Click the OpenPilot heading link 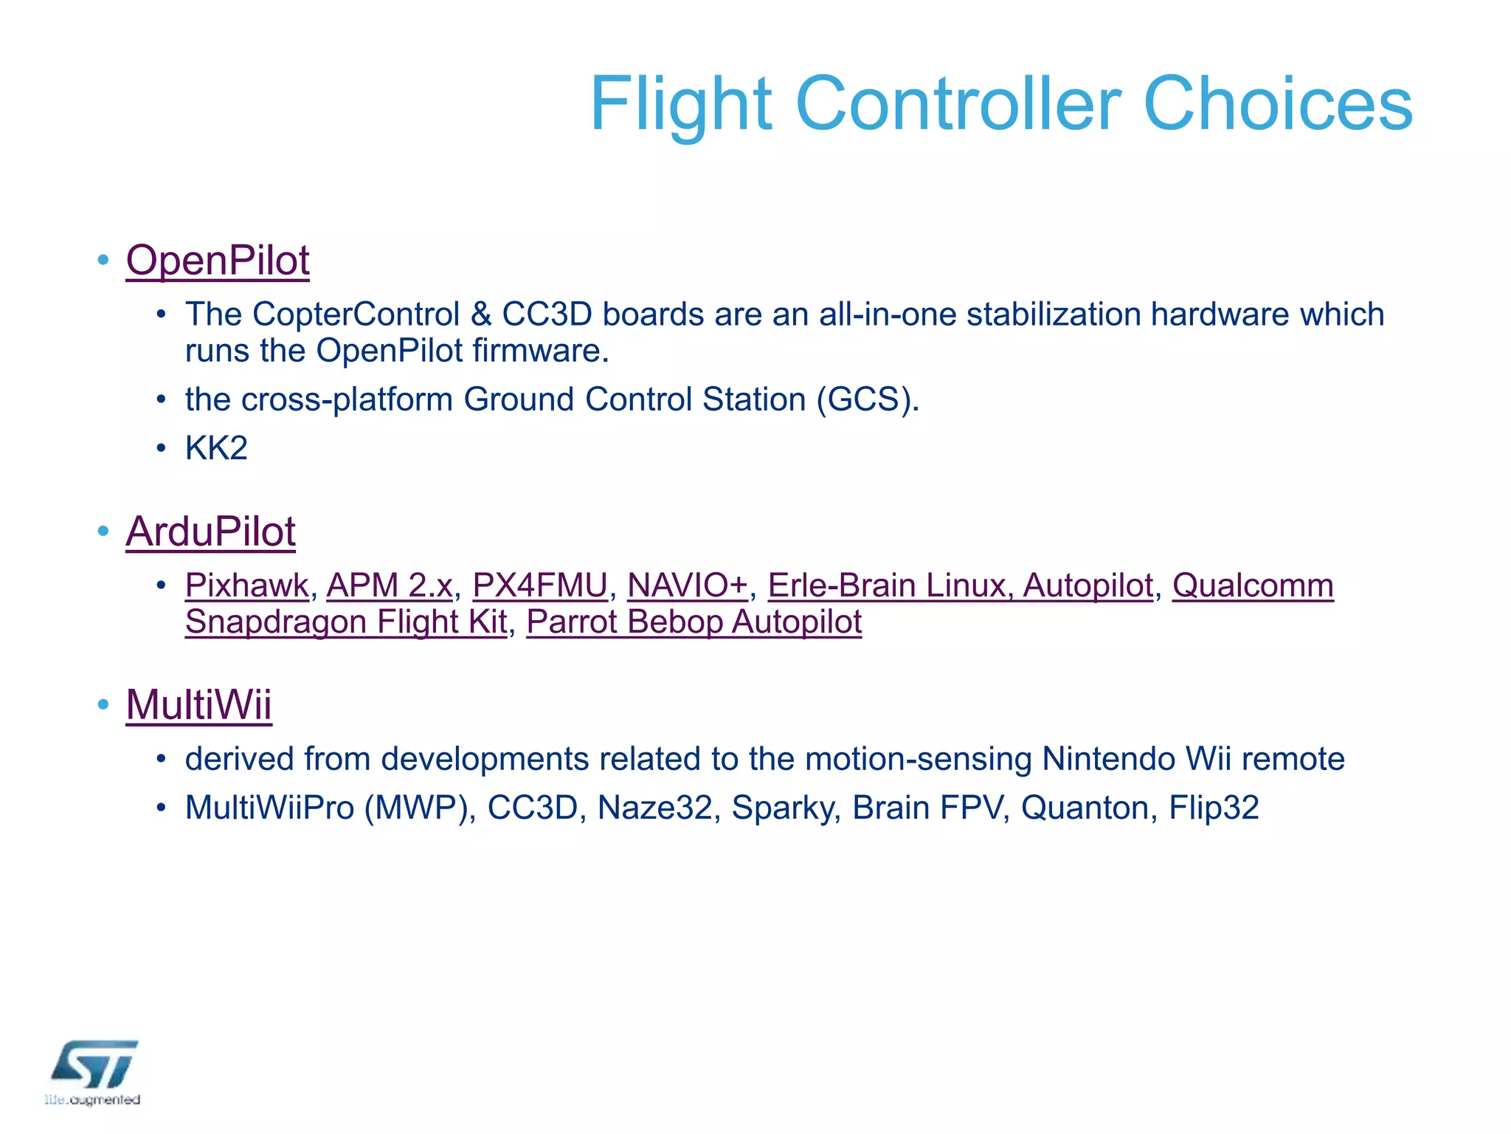(x=218, y=261)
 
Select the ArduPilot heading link (x=210, y=532)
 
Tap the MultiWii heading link (x=198, y=704)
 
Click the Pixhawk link (x=246, y=585)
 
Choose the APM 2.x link (x=389, y=585)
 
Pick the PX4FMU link (x=540, y=585)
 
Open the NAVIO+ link (x=687, y=585)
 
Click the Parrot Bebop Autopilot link (x=694, y=622)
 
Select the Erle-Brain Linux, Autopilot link (x=960, y=585)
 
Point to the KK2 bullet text (x=216, y=448)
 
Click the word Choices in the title (x=1277, y=104)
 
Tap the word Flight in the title (x=680, y=104)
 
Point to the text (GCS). (x=867, y=399)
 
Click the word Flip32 (x=1214, y=808)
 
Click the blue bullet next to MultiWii (x=103, y=704)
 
